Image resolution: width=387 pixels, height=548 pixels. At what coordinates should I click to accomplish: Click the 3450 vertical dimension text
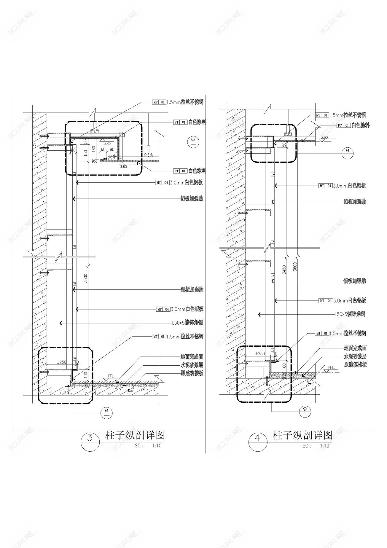(x=284, y=270)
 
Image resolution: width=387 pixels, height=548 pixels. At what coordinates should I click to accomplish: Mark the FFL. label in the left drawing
(x=112, y=376)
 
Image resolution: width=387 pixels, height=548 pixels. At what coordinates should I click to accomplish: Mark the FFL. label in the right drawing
(x=331, y=367)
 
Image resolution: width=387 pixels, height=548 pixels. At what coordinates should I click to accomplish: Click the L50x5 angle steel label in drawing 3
(x=188, y=323)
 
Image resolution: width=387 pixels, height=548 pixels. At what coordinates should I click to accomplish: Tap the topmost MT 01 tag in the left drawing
(x=159, y=102)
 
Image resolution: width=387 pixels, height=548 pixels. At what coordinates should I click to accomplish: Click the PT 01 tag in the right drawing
(x=344, y=125)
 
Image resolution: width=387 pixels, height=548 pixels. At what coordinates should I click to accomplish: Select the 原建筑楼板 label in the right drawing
(x=355, y=364)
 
